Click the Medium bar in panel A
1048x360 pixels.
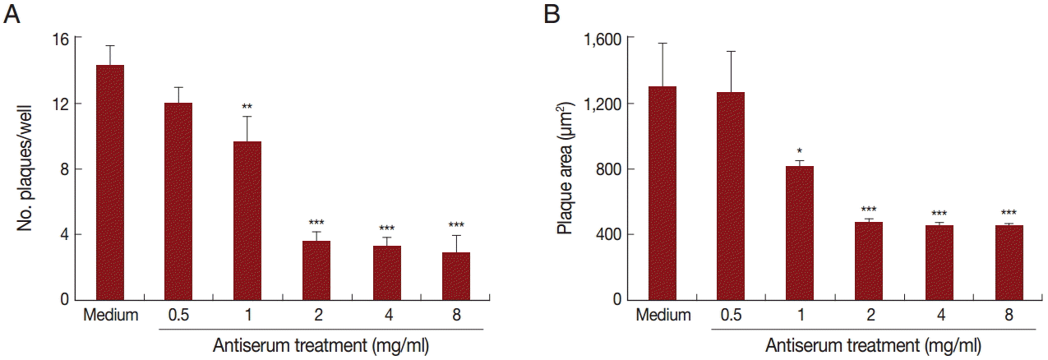click(x=109, y=182)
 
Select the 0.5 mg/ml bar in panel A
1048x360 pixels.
click(x=178, y=201)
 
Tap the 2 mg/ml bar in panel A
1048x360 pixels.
click(x=316, y=270)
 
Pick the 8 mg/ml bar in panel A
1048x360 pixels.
click(x=455, y=276)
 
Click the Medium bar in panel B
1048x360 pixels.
click(x=663, y=193)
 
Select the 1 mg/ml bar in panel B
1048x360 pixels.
click(x=799, y=233)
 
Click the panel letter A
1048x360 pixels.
click(x=12, y=16)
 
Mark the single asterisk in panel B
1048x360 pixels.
click(x=799, y=151)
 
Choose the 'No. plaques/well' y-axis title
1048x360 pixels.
click(x=26, y=168)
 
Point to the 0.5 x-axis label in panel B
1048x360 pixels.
click(x=730, y=315)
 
